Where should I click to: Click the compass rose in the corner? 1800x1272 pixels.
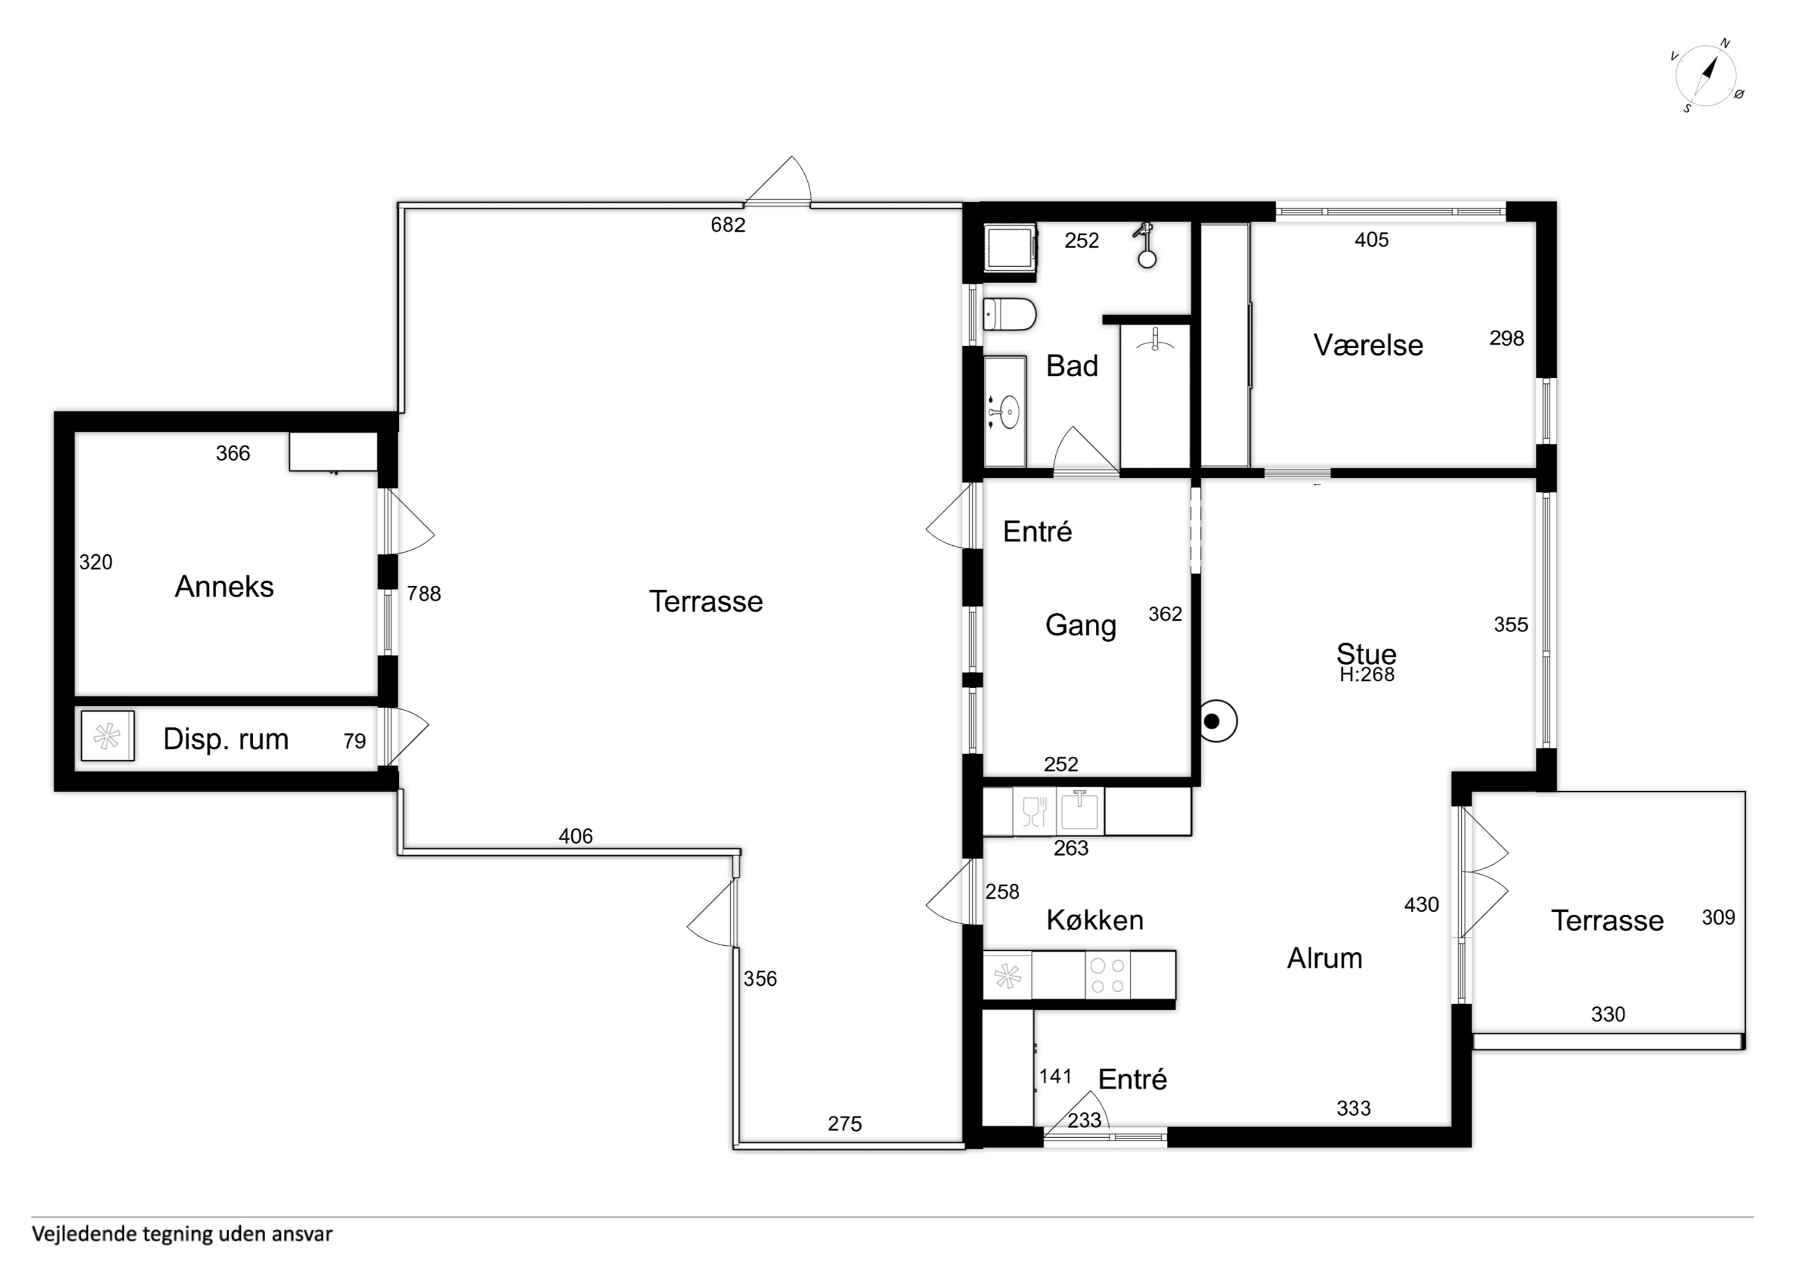[1707, 76]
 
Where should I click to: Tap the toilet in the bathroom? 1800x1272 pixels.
[1010, 314]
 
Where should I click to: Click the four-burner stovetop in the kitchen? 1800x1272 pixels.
[1108, 976]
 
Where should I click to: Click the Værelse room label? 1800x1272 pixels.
[1368, 345]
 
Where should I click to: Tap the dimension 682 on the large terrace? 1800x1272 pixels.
[728, 225]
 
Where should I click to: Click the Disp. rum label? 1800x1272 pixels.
[226, 739]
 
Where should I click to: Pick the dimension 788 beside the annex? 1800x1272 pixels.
[424, 594]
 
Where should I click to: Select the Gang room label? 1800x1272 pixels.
[1081, 625]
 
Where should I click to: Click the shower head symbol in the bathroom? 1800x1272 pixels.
[1147, 244]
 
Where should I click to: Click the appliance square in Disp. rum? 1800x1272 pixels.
[107, 736]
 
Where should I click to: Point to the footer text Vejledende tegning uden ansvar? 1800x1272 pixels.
[182, 1234]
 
